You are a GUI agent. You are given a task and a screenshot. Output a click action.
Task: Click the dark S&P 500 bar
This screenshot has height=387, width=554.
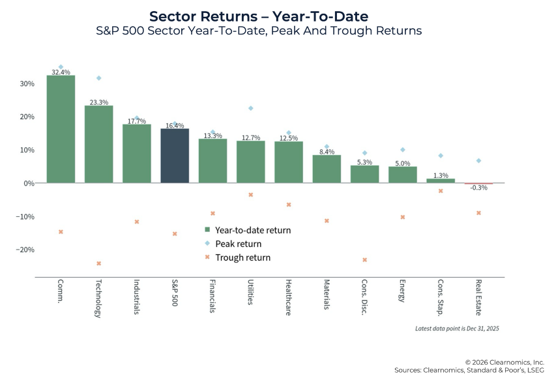[175, 156]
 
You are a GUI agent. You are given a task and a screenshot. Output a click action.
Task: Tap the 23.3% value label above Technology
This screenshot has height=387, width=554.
[99, 102]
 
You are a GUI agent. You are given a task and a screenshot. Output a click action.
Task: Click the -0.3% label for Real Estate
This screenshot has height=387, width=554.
[479, 188]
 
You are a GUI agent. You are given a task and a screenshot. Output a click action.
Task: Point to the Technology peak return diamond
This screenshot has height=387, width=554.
[99, 78]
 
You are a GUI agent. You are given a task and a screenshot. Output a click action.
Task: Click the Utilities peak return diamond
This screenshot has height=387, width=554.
[250, 108]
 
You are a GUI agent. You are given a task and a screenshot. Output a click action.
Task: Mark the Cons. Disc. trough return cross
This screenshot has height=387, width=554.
[364, 260]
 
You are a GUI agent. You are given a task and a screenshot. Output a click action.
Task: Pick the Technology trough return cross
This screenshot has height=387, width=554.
[99, 263]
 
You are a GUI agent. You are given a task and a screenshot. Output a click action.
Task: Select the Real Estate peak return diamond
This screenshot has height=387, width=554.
[478, 160]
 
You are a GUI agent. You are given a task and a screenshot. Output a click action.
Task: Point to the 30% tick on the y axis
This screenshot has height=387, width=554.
[27, 84]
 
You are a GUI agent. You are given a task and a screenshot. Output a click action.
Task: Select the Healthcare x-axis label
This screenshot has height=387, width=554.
[287, 298]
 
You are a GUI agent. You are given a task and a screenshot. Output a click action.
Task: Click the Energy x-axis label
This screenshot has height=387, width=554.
[402, 293]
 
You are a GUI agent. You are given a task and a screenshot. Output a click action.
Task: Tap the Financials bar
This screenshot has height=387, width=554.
[212, 160]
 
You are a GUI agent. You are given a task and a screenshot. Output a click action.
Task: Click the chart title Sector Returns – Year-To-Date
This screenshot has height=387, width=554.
[277, 16]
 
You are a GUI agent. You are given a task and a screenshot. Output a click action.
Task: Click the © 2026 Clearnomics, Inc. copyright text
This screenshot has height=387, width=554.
[504, 362]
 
